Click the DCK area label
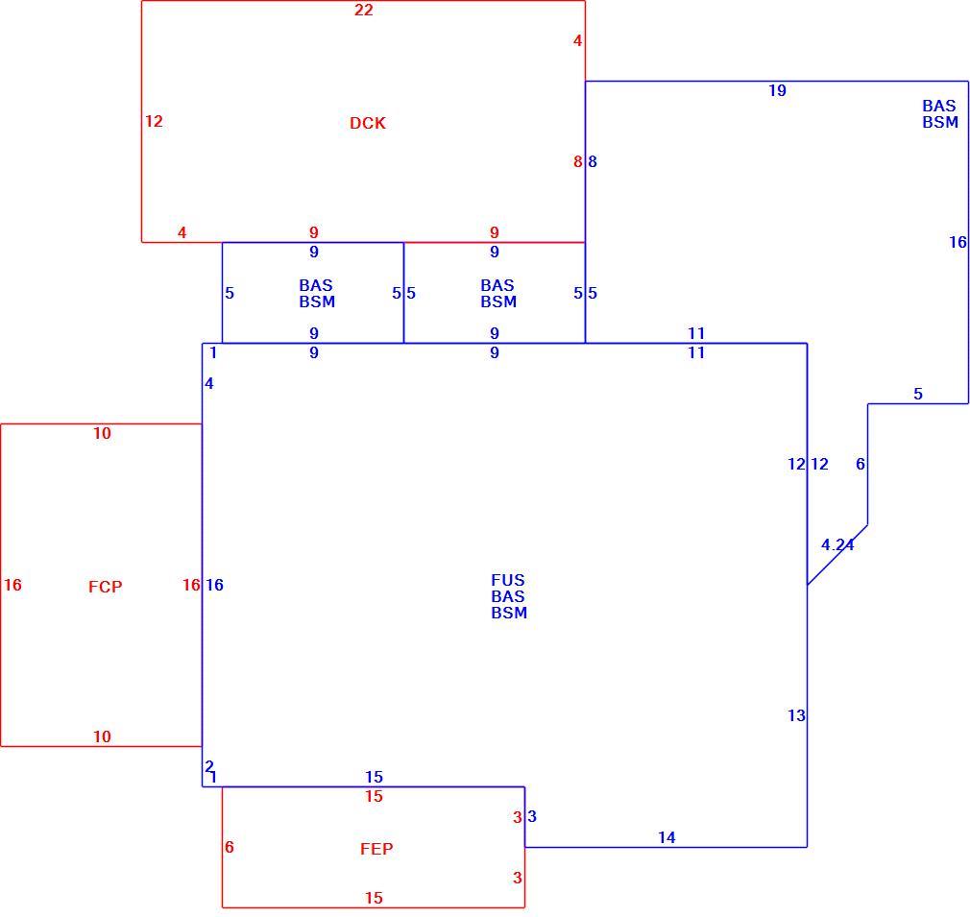[368, 123]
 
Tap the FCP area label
[106, 586]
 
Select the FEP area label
[376, 849]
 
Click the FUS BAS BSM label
[508, 596]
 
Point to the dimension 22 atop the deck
[364, 10]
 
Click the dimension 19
[777, 91]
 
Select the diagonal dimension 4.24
[837, 544]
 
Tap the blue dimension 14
[667, 837]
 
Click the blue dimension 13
[796, 715]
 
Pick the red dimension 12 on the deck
[154, 121]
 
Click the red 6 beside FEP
[229, 847]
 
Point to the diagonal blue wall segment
[837, 555]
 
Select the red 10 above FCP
[102, 433]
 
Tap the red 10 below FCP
[102, 736]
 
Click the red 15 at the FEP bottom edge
[374, 898]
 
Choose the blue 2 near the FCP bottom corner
[209, 766]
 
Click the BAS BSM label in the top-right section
[939, 114]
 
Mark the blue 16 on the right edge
[958, 242]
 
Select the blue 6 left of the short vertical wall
[860, 464]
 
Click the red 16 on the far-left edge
[12, 585]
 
